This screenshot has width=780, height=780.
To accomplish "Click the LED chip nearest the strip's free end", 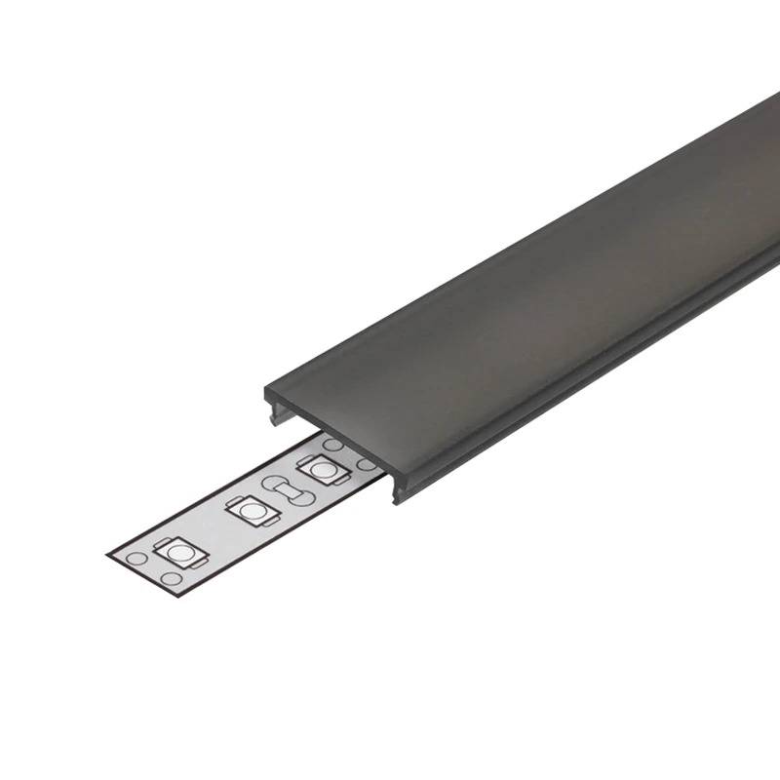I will [177, 554].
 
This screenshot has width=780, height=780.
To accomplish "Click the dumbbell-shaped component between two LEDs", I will [288, 490].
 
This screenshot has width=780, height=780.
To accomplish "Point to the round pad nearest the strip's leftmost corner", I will [136, 558].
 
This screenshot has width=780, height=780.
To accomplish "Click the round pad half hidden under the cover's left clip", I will [333, 445].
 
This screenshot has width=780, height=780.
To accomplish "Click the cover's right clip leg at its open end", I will [399, 493].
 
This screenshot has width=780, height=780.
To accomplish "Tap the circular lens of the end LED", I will [177, 554].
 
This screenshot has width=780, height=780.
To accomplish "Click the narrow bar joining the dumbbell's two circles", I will [288, 490].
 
